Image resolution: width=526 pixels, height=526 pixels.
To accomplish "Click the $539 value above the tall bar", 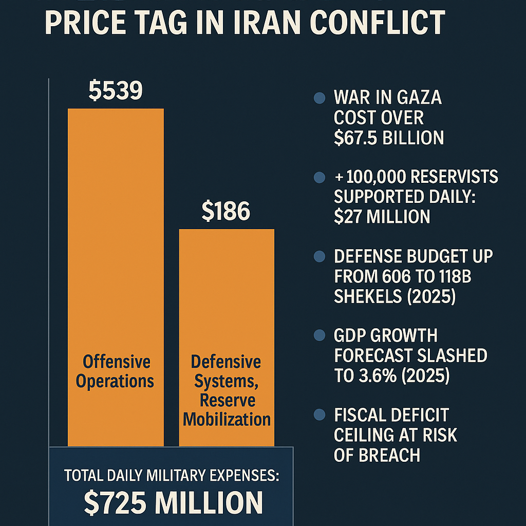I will click(116, 90).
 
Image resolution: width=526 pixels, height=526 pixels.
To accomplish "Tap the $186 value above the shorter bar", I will click(226, 212).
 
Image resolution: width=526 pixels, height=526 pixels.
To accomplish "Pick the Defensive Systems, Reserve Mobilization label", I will click(226, 390).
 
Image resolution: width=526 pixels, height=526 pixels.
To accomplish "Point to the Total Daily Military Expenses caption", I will click(172, 475).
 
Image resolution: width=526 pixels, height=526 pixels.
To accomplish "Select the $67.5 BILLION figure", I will click(388, 138).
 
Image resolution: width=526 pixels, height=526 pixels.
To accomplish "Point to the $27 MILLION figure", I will click(382, 216).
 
